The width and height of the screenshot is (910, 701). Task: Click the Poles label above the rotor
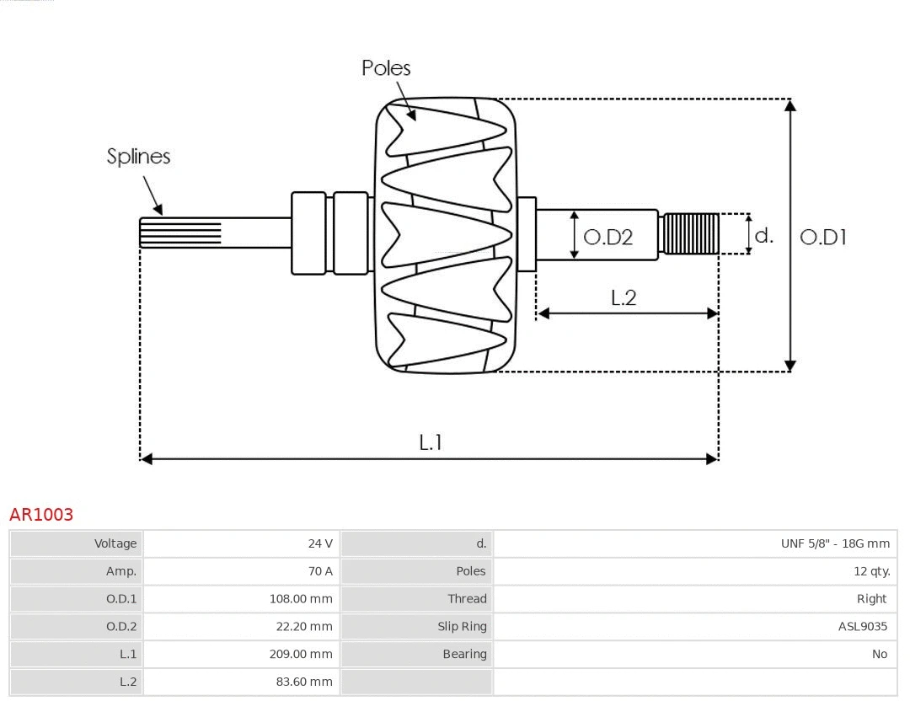tap(386, 67)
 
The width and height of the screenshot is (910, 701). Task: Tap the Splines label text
tap(138, 156)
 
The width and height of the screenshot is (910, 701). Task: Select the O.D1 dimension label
tap(822, 237)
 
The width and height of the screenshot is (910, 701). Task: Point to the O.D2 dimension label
tap(608, 237)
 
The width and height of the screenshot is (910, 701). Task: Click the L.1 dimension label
tap(431, 441)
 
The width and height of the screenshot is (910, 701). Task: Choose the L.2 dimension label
tap(624, 297)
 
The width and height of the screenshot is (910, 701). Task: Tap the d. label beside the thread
tap(763, 235)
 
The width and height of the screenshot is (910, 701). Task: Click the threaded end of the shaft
tap(691, 233)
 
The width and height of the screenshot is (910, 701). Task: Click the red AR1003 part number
tap(41, 514)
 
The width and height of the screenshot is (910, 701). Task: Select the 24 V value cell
tap(320, 543)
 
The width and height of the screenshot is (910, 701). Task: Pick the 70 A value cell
tap(320, 571)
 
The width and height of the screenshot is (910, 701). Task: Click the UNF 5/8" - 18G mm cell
tap(834, 543)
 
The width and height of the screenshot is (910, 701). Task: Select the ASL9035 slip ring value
tap(862, 626)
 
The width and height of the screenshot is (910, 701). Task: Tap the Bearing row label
tap(464, 654)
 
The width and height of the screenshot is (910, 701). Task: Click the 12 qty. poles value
tap(871, 571)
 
